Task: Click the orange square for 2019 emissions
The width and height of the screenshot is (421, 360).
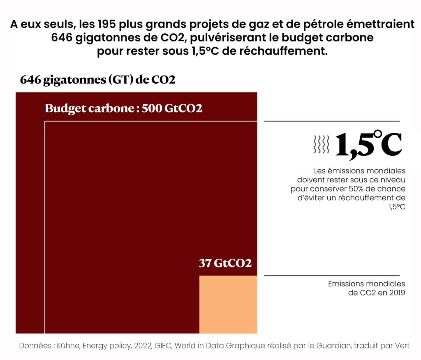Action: coord(228,304)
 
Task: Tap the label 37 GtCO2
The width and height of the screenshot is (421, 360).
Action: coord(225,263)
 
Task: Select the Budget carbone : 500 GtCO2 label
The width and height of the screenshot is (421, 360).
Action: coord(123,109)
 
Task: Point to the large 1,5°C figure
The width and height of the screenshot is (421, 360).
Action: coord(368,145)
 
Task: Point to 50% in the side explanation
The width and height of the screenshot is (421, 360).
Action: coord(356,189)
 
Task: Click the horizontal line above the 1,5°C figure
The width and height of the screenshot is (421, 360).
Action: coord(331,121)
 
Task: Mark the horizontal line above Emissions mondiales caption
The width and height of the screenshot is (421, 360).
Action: coord(331,276)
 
